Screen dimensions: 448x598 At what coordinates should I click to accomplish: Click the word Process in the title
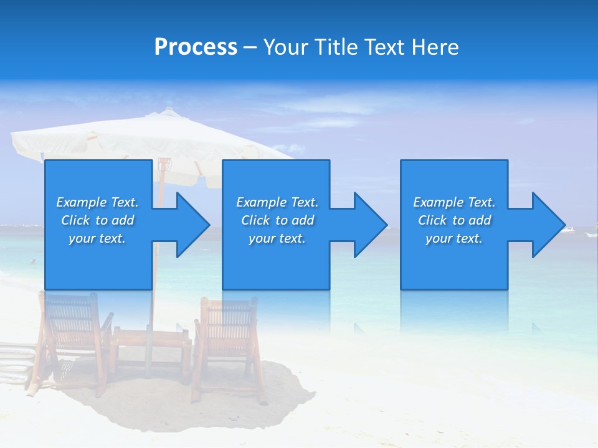tap(196, 47)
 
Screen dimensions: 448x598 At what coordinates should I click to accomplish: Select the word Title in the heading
tap(336, 47)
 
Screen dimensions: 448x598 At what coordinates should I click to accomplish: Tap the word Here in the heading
tap(435, 47)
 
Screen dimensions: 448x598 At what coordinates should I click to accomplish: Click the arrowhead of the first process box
tap(193, 225)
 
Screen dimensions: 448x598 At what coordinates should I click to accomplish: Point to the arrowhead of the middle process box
tap(371, 225)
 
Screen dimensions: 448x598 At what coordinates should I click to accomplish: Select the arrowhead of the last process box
tap(548, 225)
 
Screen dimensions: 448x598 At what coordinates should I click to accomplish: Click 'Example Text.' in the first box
tap(97, 202)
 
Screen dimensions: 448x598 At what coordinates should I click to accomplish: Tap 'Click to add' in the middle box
tap(277, 220)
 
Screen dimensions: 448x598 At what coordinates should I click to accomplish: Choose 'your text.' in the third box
tap(453, 238)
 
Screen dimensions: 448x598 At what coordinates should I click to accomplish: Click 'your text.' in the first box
tap(97, 238)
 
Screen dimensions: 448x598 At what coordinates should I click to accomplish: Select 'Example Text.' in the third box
tap(453, 202)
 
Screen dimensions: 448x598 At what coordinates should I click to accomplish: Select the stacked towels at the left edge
tap(14, 364)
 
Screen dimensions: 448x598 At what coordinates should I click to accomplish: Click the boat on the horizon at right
tap(567, 231)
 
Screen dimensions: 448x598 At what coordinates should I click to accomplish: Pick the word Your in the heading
tap(287, 47)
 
